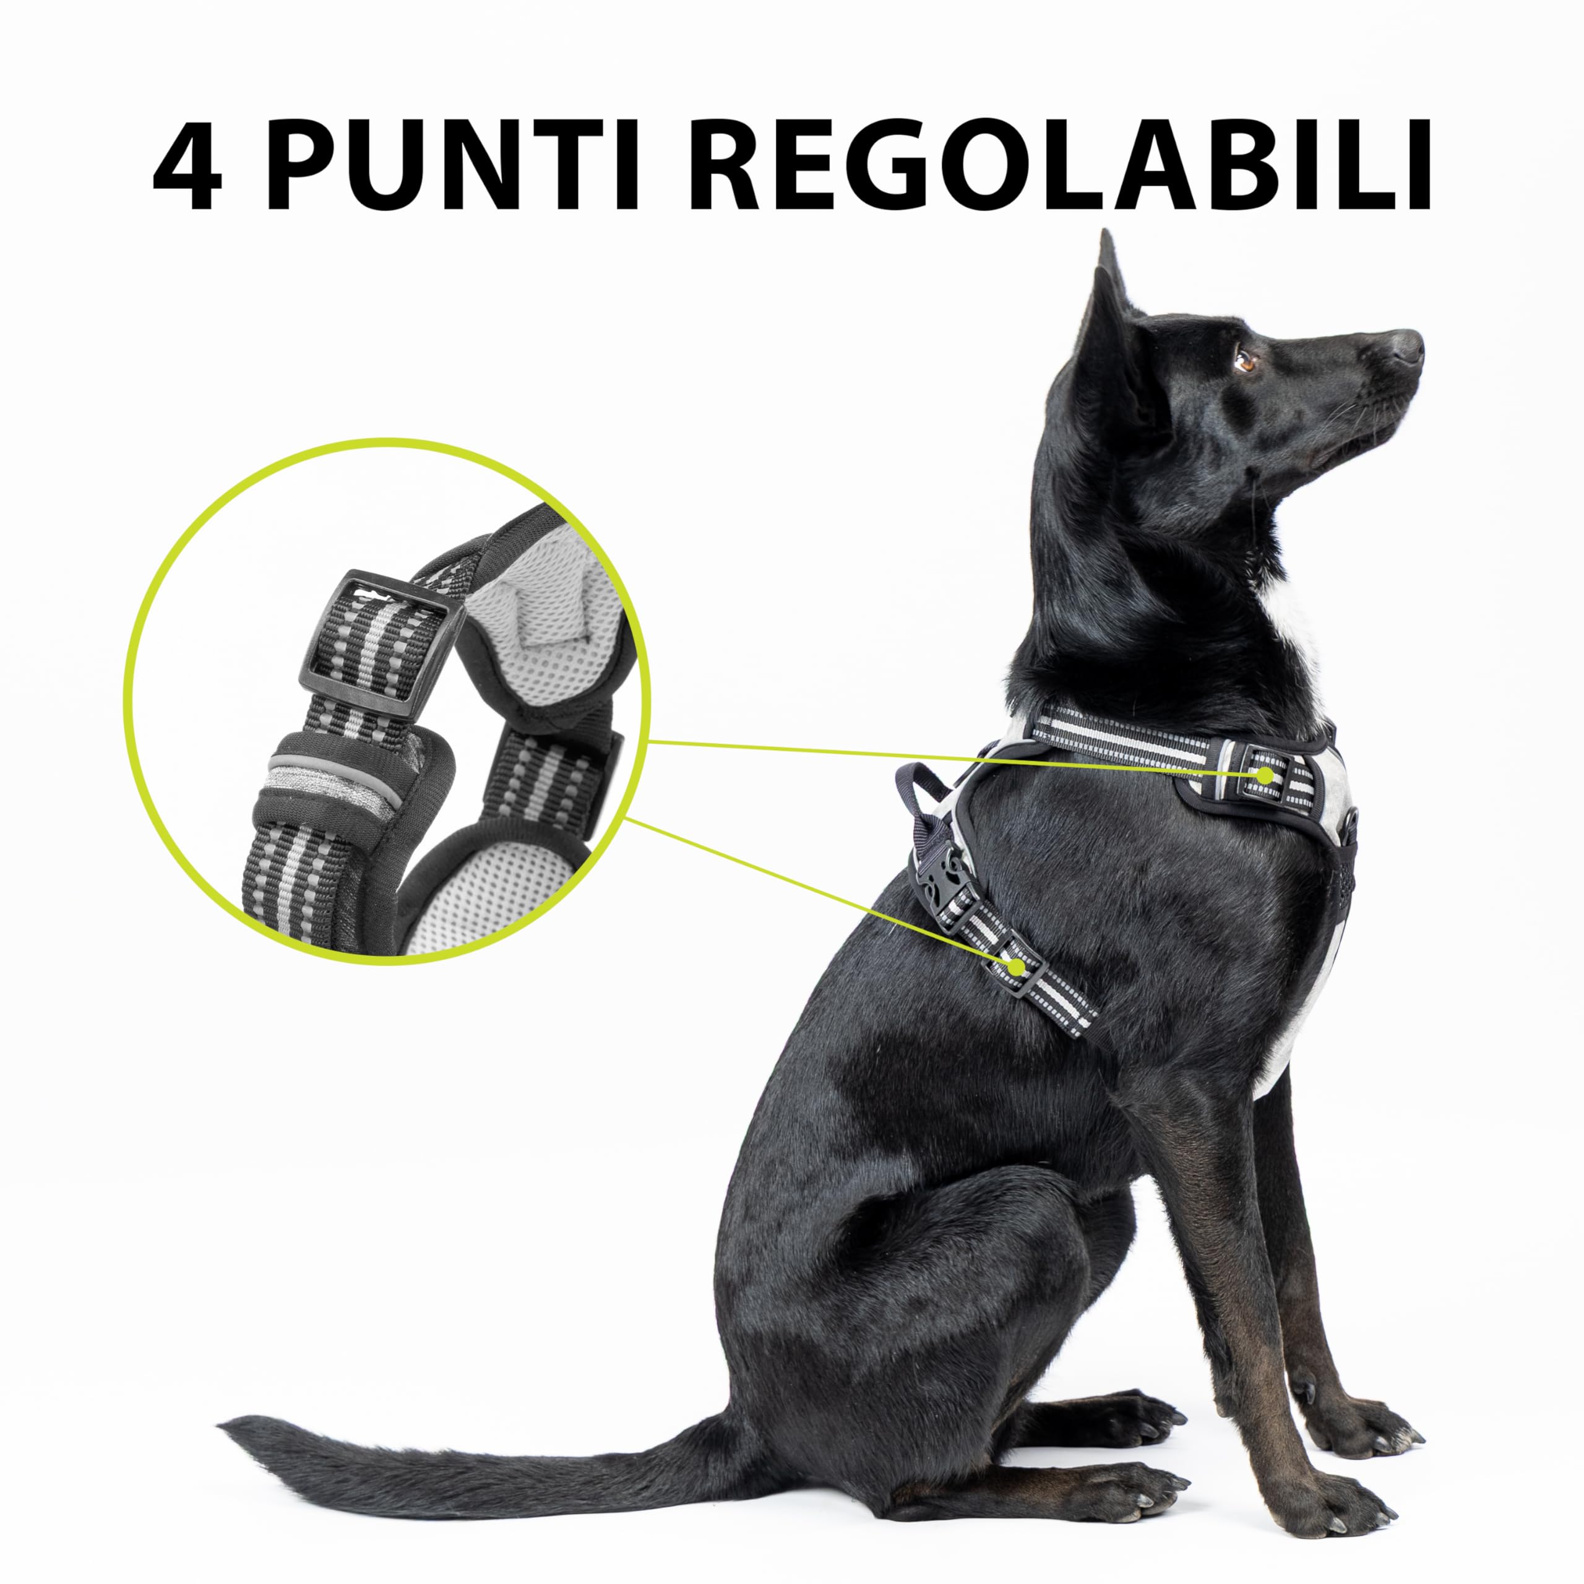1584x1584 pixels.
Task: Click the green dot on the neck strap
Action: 1267,774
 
